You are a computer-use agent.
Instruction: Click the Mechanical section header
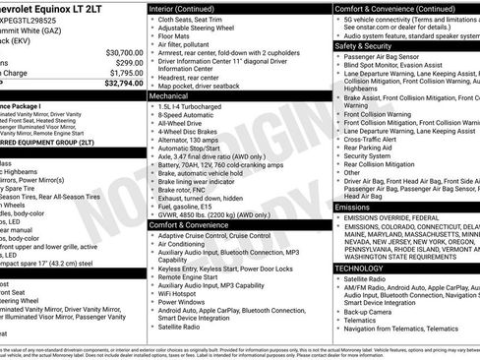(170, 97)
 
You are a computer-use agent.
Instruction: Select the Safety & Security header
(362, 45)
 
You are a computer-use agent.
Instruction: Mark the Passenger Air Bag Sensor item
(389, 56)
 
